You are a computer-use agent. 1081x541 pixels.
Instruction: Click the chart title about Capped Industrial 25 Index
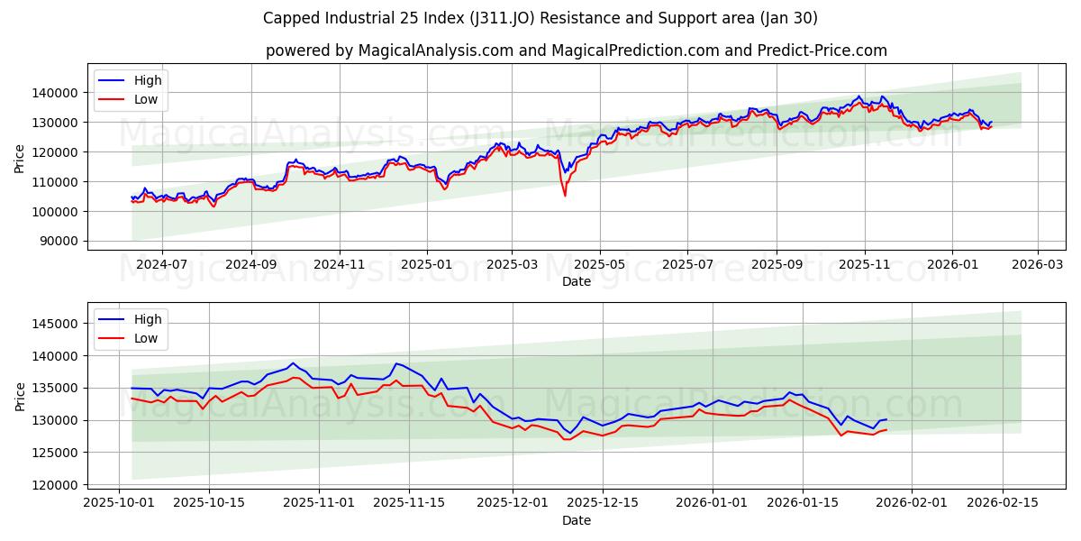(540, 18)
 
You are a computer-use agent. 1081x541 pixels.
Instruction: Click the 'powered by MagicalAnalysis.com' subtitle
(577, 50)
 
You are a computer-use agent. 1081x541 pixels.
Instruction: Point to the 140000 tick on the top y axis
(57, 92)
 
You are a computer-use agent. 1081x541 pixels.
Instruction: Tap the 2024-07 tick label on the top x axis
(162, 265)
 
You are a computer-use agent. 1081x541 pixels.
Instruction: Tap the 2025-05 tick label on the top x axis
(600, 265)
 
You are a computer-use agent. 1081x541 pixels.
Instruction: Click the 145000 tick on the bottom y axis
(57, 324)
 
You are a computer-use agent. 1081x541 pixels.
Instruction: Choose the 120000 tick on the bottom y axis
(57, 485)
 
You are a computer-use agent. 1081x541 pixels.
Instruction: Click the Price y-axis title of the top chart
(20, 159)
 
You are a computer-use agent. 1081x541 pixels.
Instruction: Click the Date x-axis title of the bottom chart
(577, 520)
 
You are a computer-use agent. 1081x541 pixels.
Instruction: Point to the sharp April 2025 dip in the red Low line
(565, 195)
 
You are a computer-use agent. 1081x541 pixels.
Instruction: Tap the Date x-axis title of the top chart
(577, 281)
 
